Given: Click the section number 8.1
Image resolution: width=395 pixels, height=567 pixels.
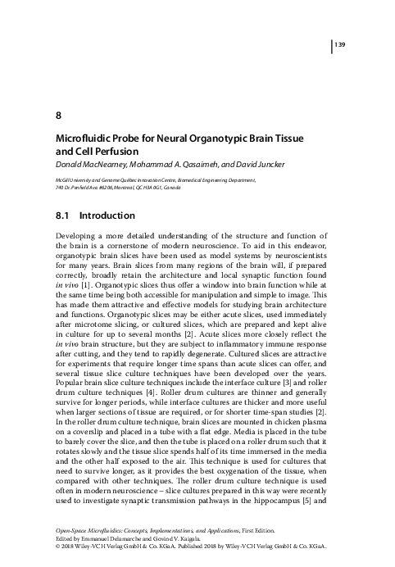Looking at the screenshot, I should (62, 216).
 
